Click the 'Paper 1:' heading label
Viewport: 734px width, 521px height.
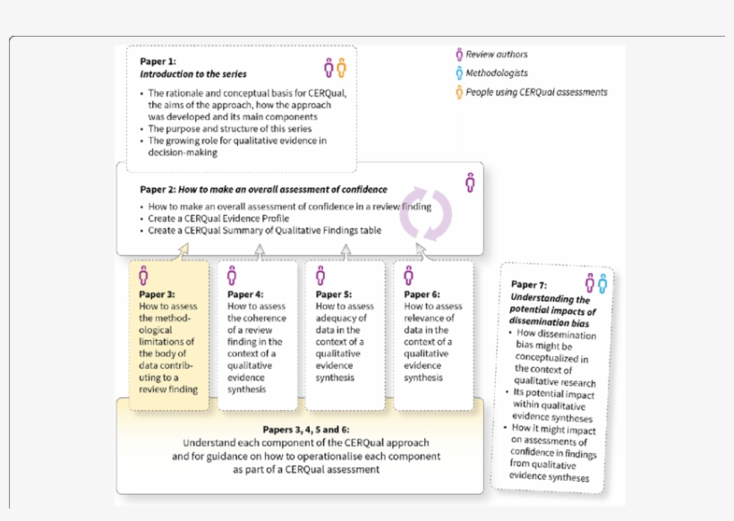(158, 61)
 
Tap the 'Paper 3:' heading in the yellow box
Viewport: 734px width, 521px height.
(157, 294)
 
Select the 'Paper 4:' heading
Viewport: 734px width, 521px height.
(245, 294)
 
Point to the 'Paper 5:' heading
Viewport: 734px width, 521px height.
(334, 294)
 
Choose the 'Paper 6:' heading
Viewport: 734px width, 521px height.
(422, 294)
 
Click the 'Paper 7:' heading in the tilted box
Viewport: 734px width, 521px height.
(529, 286)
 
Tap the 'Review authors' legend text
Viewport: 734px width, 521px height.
(497, 55)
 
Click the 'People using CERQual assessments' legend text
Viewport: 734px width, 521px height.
(536, 92)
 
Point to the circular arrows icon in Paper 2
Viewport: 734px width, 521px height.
(425, 214)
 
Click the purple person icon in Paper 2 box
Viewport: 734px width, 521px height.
(470, 182)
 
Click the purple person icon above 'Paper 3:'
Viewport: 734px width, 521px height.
(143, 275)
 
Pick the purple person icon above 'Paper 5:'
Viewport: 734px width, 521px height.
(320, 275)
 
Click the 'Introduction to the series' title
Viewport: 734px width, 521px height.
(193, 74)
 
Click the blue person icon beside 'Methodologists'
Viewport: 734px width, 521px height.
(459, 73)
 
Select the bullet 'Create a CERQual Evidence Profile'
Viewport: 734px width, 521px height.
(219, 218)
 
